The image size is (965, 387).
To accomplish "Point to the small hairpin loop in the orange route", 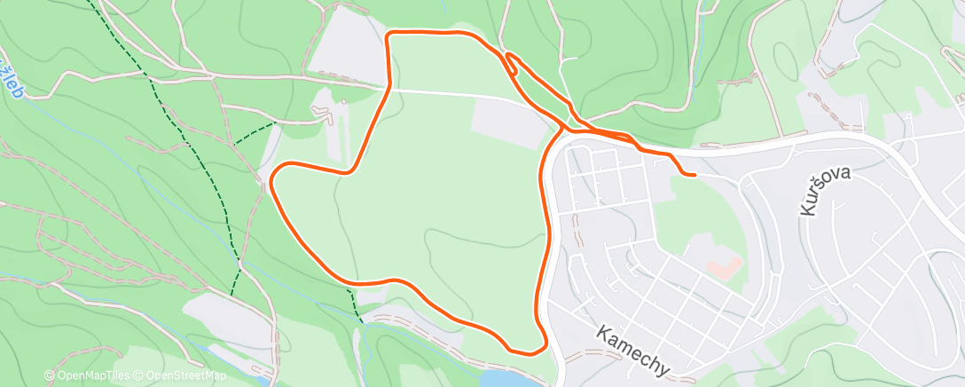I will point(511,61).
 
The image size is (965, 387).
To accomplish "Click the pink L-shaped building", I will point(723,264).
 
